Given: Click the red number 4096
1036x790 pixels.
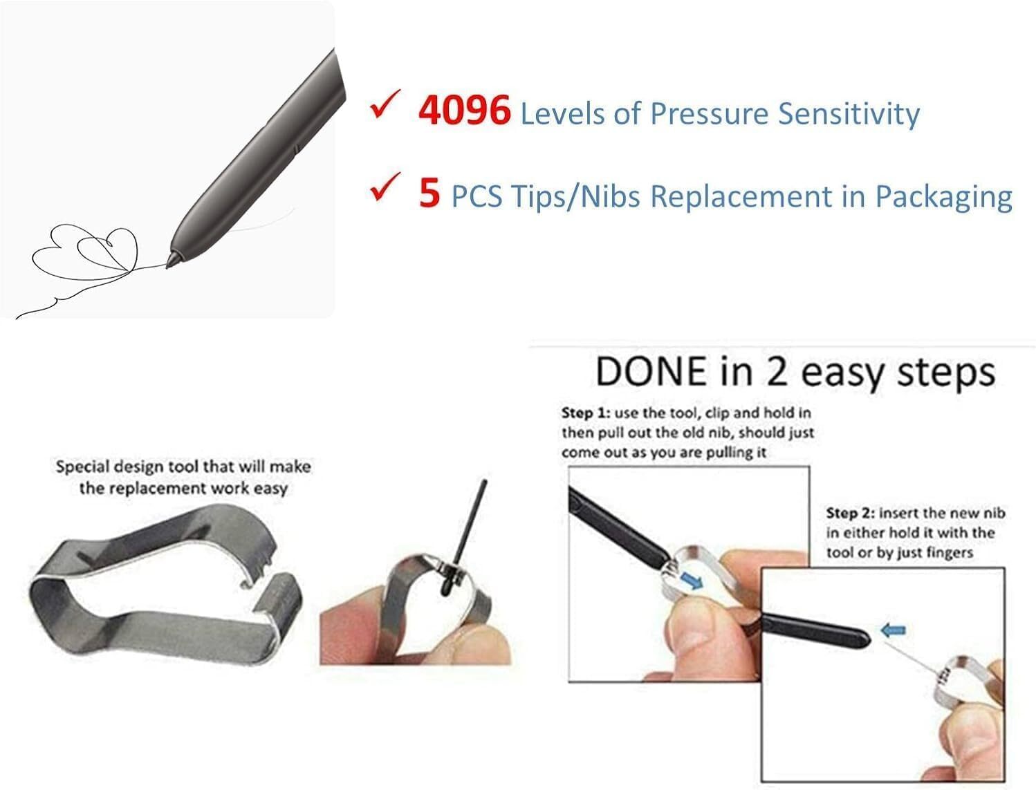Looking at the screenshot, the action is point(465,110).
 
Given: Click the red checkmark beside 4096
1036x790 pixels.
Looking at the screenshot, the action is point(385,104).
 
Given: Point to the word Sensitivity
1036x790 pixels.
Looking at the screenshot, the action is point(849,114).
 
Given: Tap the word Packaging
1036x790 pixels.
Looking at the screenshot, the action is point(944,197).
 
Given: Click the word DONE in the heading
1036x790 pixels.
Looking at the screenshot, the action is point(651,372).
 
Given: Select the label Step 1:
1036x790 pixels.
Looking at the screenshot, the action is point(585,413).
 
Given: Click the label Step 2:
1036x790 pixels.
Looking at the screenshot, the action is point(850,513).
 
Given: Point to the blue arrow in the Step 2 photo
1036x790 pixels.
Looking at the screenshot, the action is point(894,630).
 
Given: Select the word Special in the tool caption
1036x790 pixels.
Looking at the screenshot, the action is point(83,467).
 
